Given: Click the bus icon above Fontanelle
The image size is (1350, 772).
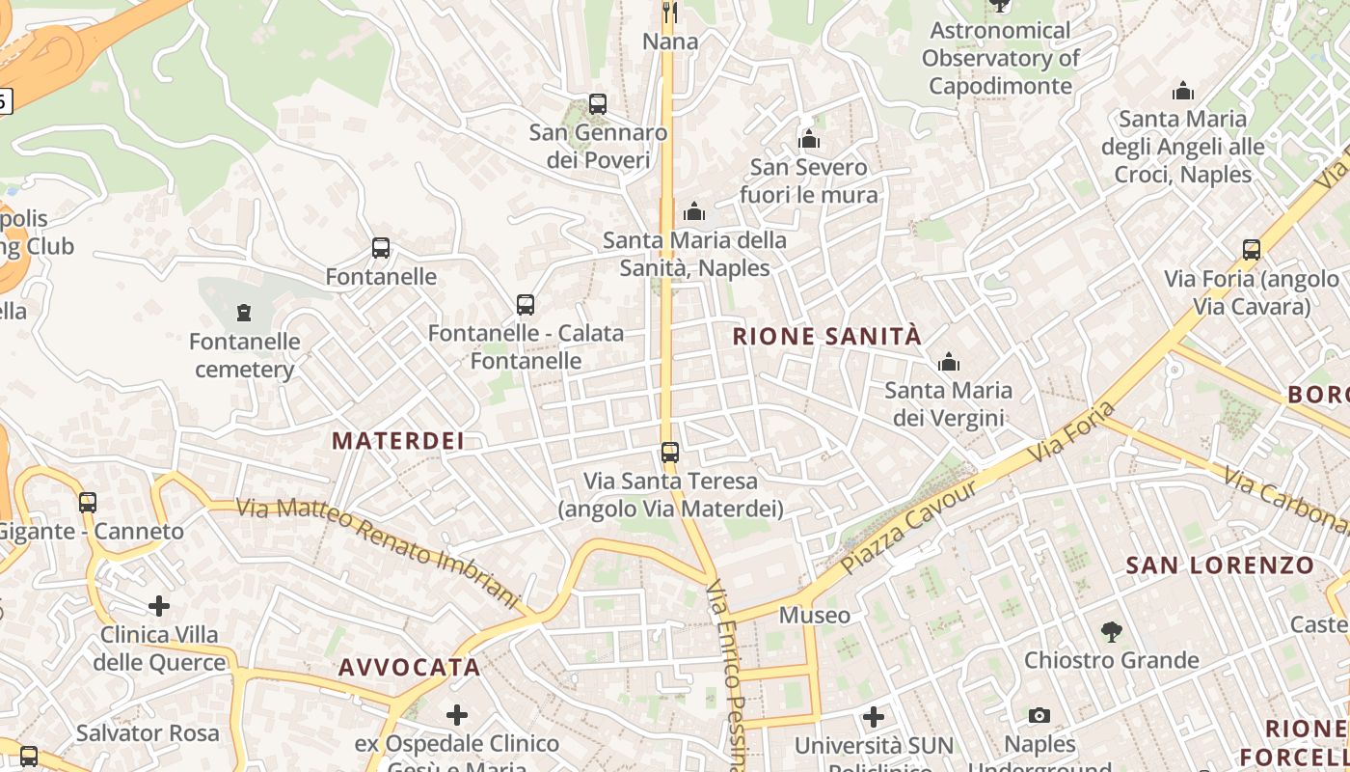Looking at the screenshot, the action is [381, 248].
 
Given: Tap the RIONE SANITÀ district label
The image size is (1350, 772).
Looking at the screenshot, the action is [827, 336].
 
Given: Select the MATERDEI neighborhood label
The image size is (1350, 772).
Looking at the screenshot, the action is [398, 441].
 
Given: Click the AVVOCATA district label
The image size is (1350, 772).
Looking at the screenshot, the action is [409, 667].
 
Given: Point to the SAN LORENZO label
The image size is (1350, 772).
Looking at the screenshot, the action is [1220, 565].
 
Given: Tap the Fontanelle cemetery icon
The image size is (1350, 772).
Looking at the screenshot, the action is [243, 313].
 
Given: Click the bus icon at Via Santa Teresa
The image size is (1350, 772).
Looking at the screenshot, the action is [669, 452].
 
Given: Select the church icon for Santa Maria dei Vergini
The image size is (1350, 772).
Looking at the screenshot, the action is [949, 362].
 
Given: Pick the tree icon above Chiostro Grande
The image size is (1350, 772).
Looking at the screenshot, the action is [1111, 632].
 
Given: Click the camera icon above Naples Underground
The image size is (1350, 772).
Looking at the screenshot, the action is [1039, 715].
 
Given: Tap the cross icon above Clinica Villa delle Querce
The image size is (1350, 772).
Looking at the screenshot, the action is [159, 606].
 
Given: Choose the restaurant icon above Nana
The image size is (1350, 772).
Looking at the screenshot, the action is [669, 13].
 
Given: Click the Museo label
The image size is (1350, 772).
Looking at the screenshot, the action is [815, 615].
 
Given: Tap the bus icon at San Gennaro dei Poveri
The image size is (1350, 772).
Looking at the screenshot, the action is [598, 104].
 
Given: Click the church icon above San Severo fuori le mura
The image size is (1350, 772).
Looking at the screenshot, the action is [809, 140].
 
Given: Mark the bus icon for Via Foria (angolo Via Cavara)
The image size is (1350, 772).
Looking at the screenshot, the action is [1252, 250].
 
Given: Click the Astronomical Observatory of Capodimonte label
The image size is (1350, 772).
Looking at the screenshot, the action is [1000, 58].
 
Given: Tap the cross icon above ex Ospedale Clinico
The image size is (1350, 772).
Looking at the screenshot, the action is [457, 715].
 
